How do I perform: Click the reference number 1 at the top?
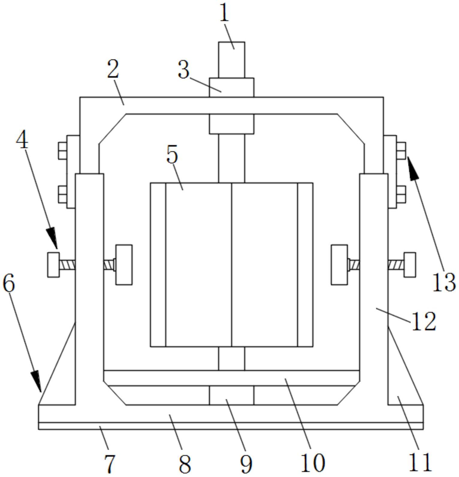pyautogui.click(x=224, y=13)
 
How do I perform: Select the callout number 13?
pyautogui.click(x=444, y=283)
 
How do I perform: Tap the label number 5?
pyautogui.click(x=172, y=155)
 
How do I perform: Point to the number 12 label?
pyautogui.click(x=424, y=321)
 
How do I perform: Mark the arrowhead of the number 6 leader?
pyautogui.click(x=36, y=381)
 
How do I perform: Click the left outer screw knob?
pyautogui.click(x=53, y=265)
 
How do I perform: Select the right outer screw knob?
pyautogui.click(x=410, y=265)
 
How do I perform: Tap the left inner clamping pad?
pyautogui.click(x=124, y=265)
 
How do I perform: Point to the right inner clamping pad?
pyautogui.click(x=339, y=265)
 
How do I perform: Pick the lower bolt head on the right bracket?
pyautogui.click(x=401, y=194)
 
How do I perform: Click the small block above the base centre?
pyautogui.click(x=231, y=395)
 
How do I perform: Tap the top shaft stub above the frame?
pyautogui.click(x=231, y=60)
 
